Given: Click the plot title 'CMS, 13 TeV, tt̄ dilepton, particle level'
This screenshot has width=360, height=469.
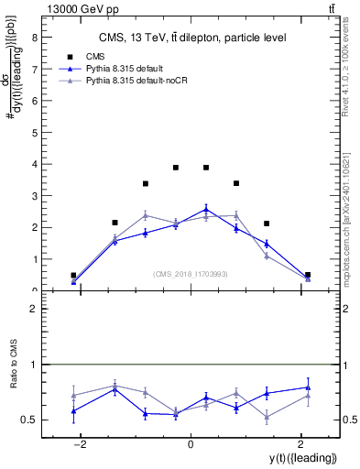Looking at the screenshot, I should pyautogui.click(x=191, y=38).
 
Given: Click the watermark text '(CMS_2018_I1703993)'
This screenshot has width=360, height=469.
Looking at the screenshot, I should pyautogui.click(x=191, y=274).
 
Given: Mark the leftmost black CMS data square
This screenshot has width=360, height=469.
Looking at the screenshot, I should pyautogui.click(x=73, y=275).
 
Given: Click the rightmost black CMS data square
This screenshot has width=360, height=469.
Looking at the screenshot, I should pyautogui.click(x=308, y=275).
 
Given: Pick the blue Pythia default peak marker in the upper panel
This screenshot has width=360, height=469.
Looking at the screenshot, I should pyautogui.click(x=206, y=209).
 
